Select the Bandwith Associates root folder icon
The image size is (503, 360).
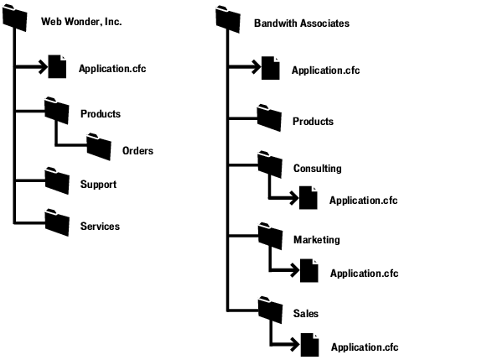(228, 19)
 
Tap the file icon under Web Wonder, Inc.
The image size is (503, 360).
(57, 66)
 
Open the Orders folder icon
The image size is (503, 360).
(98, 148)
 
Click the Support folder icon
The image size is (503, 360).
(57, 181)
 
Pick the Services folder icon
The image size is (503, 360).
(57, 222)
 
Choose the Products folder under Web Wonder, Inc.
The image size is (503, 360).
(57, 111)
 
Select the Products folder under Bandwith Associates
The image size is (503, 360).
(269, 117)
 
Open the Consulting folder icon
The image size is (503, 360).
(269, 165)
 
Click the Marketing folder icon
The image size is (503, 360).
(269, 237)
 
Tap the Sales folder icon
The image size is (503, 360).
(269, 310)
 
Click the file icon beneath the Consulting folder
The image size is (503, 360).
(309, 198)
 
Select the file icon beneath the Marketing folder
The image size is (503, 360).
(309, 270)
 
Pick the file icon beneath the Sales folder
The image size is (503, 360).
(309, 344)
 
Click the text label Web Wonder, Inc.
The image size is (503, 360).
(81, 22)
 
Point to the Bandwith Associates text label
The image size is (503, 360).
(302, 23)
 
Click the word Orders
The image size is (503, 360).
(137, 151)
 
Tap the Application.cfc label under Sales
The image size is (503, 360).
(365, 347)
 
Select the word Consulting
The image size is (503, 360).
(317, 169)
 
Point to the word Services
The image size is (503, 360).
(100, 227)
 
